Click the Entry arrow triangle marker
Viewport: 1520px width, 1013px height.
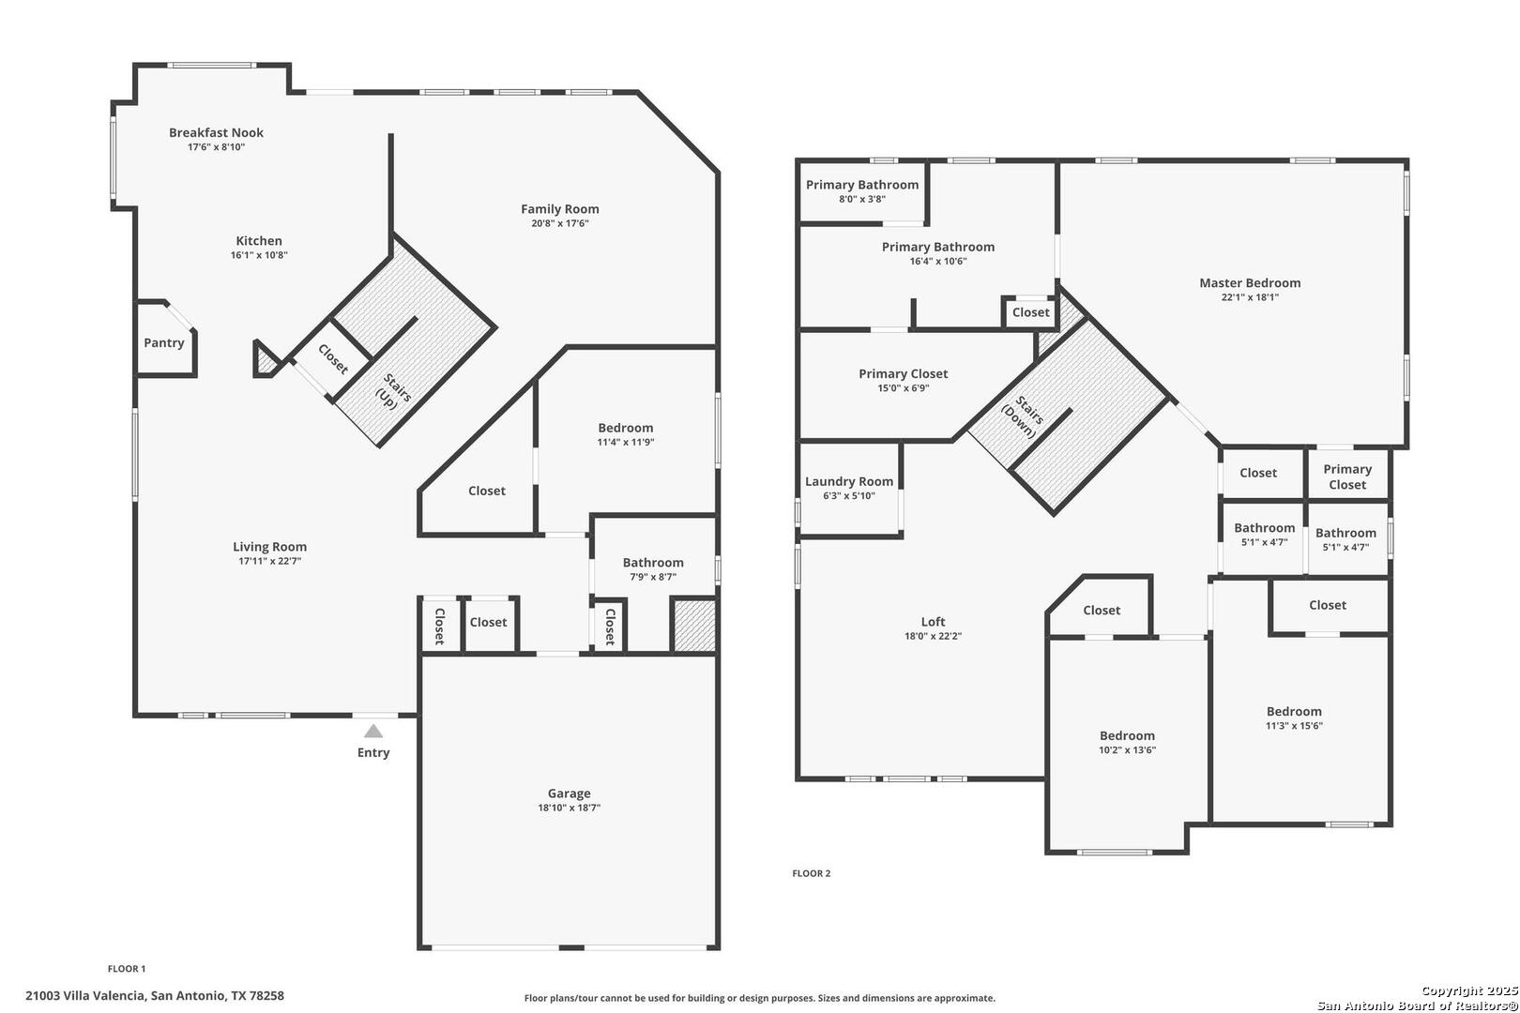point(373,731)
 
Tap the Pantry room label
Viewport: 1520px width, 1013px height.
point(164,342)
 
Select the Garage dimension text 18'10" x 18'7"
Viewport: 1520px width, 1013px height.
point(570,808)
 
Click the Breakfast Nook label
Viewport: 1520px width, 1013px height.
point(217,132)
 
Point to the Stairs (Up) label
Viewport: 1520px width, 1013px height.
point(392,391)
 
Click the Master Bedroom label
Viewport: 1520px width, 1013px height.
point(1250,283)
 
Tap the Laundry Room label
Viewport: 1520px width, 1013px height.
point(849,481)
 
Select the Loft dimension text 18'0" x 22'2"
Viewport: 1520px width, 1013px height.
point(933,636)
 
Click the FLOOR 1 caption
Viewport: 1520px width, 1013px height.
point(127,968)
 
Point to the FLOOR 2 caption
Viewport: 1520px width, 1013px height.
point(812,873)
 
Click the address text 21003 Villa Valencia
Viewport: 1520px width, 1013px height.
point(85,995)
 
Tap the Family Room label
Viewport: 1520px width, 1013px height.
point(560,209)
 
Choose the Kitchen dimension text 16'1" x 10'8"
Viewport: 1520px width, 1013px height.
point(259,255)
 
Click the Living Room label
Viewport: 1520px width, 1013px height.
point(270,546)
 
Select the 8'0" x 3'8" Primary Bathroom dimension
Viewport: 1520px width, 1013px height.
point(861,199)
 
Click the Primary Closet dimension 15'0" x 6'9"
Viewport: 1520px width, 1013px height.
point(904,388)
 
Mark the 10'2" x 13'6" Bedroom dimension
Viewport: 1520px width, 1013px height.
point(1127,749)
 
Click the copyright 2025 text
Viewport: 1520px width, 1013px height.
point(1469,990)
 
